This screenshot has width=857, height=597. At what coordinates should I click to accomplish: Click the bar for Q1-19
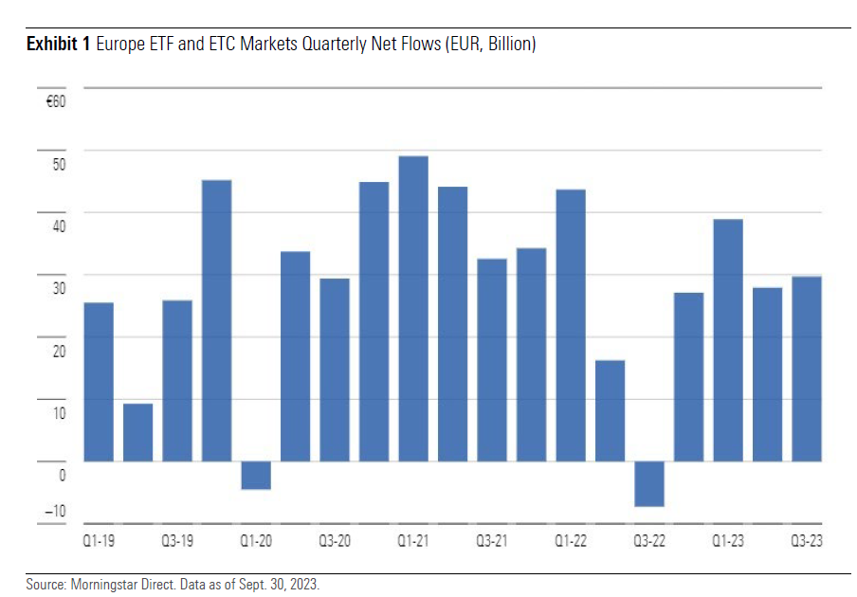(x=99, y=382)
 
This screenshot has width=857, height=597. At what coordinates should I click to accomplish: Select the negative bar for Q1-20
(x=256, y=475)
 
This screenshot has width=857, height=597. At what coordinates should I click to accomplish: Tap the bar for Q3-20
(x=335, y=370)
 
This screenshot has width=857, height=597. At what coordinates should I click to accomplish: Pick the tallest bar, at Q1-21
(x=413, y=308)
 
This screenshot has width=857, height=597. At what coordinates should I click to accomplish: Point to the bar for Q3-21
(x=492, y=360)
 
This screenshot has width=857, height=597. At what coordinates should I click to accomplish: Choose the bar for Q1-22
(x=571, y=325)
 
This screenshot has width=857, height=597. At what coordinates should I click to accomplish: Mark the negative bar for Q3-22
(x=649, y=483)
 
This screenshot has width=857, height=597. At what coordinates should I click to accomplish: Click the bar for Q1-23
(x=728, y=340)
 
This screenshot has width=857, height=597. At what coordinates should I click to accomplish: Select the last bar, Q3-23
(x=807, y=369)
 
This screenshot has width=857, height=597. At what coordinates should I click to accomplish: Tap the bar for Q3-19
(x=177, y=381)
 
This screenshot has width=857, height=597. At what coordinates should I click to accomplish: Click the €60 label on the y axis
(x=55, y=100)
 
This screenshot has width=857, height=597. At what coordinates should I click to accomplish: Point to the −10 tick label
(x=56, y=512)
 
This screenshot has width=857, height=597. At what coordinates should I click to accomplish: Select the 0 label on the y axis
(x=62, y=475)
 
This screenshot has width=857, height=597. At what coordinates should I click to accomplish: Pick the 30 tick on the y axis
(x=59, y=289)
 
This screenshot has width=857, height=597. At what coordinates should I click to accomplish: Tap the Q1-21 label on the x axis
(x=413, y=541)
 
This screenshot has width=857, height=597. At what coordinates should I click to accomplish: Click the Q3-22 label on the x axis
(x=649, y=541)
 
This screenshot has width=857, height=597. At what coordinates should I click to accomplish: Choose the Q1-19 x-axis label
(x=99, y=541)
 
